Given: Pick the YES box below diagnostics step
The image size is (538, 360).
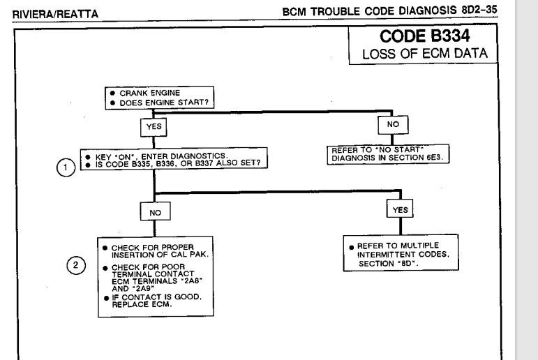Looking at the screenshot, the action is click(x=400, y=209).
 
